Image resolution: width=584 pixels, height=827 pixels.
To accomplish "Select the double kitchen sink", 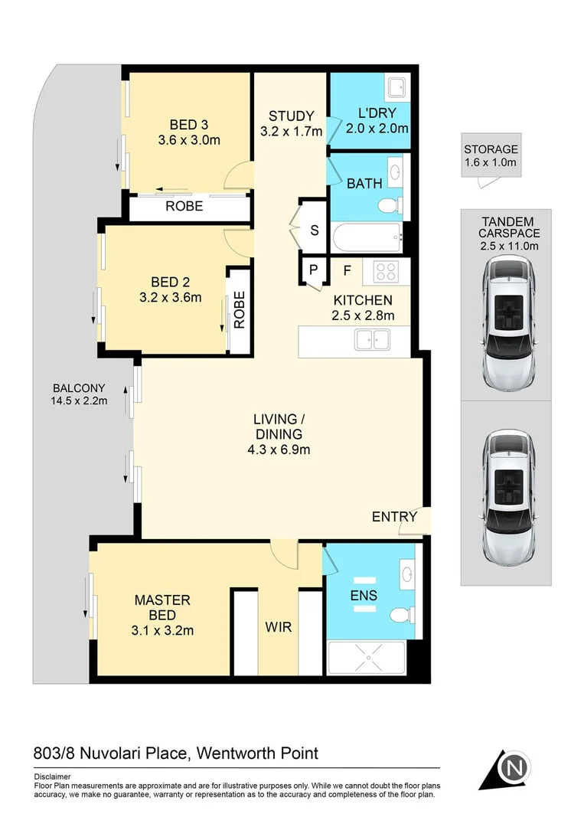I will click(371, 339).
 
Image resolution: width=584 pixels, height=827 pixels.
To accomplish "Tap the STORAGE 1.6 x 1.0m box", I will click(491, 155).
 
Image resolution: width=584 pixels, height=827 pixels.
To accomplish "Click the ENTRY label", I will click(394, 517).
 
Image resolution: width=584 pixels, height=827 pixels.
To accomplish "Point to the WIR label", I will click(278, 626).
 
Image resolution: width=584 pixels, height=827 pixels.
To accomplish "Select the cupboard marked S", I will click(314, 230).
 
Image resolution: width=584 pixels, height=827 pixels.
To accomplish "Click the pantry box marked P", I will click(313, 270).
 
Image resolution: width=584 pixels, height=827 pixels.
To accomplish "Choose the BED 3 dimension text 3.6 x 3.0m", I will click(189, 140).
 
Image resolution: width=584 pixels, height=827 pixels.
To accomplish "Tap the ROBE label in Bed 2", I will click(239, 310).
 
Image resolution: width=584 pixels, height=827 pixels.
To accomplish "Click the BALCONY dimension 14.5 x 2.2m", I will click(80, 400).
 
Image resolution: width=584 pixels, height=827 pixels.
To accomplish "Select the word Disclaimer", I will click(52, 776).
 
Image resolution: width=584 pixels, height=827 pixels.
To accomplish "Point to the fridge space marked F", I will click(347, 270).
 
